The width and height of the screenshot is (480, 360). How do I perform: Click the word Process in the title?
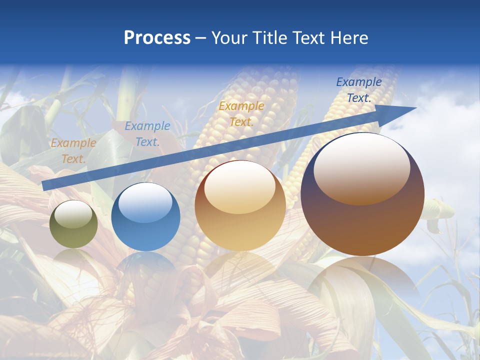pos(157,38)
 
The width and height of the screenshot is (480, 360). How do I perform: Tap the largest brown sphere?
pos(362,225)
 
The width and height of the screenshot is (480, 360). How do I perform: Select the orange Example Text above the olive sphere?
pos(73,151)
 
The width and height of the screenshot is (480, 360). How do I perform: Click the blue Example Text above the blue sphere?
pos(147,134)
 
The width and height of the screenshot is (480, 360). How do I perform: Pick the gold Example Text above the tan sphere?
pos(241,113)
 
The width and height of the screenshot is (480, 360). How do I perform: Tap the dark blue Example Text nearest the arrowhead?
pos(359,90)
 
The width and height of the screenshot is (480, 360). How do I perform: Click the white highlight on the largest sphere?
pos(361,167)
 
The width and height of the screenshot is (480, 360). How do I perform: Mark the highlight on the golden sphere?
pos(240,186)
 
